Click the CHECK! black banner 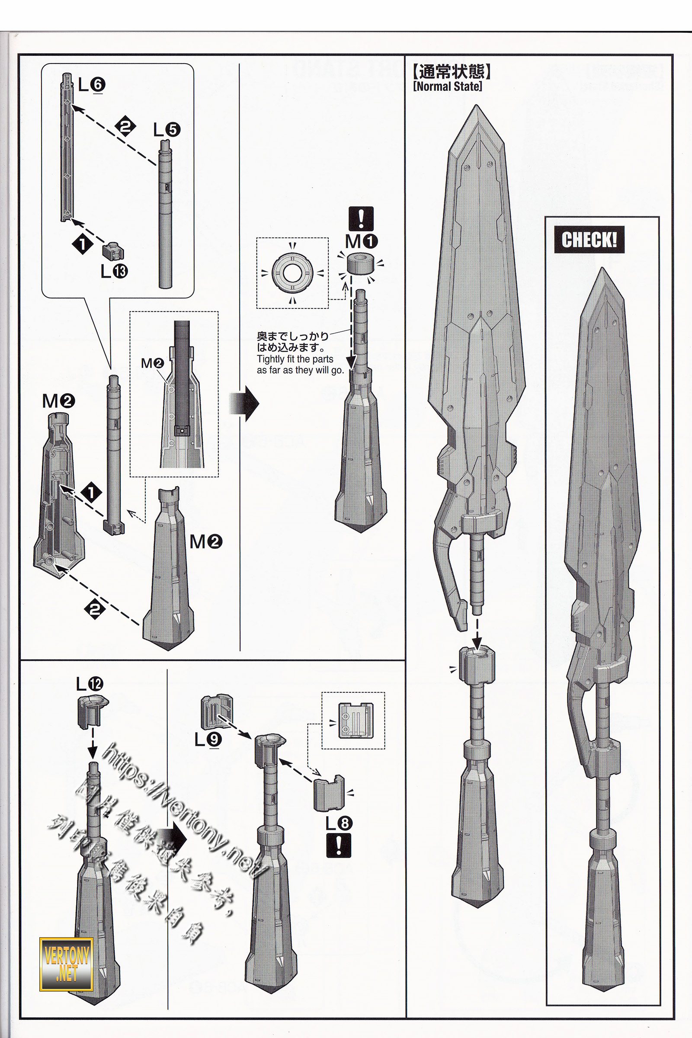(x=589, y=240)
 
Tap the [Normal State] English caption (x=448, y=86)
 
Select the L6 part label (x=91, y=85)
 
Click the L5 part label (x=167, y=130)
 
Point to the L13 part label (x=114, y=271)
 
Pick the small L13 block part (x=113, y=251)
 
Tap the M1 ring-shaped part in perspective (x=361, y=263)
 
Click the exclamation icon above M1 (x=361, y=218)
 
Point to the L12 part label (x=90, y=684)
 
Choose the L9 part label (x=209, y=739)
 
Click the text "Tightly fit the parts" (x=295, y=359)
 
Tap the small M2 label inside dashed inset (x=152, y=363)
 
